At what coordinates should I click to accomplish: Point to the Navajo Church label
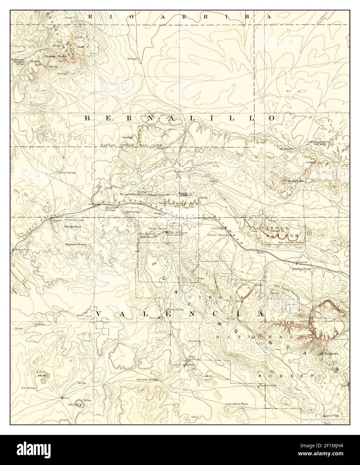click(158, 195)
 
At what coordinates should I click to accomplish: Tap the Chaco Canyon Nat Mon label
click(319, 143)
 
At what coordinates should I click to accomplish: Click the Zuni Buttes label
click(43, 374)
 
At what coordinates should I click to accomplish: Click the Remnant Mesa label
click(76, 245)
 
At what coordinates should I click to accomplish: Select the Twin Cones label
click(76, 220)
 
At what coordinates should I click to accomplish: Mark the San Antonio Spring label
click(290, 242)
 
